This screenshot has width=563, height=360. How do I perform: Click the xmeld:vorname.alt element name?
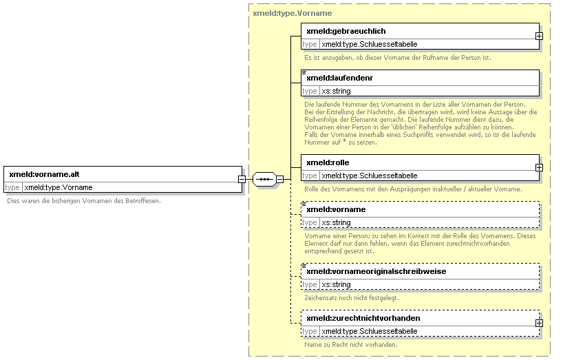click(x=44, y=174)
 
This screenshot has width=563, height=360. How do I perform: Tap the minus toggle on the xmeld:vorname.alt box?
click(x=242, y=179)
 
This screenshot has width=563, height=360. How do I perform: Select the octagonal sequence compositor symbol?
click(x=264, y=179)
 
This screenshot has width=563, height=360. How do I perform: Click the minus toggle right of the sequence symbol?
click(x=280, y=179)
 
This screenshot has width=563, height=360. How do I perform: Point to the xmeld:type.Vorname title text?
click(x=293, y=13)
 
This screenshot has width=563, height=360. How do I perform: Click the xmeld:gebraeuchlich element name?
click(x=346, y=31)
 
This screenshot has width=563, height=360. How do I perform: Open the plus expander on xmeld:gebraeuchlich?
click(x=539, y=36)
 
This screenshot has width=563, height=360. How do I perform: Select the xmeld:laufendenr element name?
click(x=340, y=78)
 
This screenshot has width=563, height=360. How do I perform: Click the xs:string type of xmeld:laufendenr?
click(x=336, y=91)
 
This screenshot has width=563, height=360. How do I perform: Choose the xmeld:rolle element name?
click(x=328, y=162)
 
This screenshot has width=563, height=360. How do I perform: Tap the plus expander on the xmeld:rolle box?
click(x=539, y=168)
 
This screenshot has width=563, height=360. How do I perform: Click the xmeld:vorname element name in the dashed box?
click(x=336, y=210)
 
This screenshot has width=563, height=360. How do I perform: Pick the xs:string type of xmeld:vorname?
click(x=336, y=222)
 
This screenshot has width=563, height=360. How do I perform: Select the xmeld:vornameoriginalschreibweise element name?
click(x=376, y=272)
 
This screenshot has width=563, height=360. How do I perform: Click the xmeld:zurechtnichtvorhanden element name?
click(x=363, y=319)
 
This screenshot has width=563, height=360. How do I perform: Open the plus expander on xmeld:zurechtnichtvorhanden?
click(x=539, y=324)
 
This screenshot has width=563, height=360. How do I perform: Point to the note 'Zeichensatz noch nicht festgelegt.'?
click(x=352, y=298)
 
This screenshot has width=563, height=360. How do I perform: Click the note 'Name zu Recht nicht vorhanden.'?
click(x=351, y=345)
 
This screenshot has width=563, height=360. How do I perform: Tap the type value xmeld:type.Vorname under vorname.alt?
click(x=59, y=187)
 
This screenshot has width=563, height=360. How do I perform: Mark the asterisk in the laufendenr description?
click(x=345, y=141)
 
